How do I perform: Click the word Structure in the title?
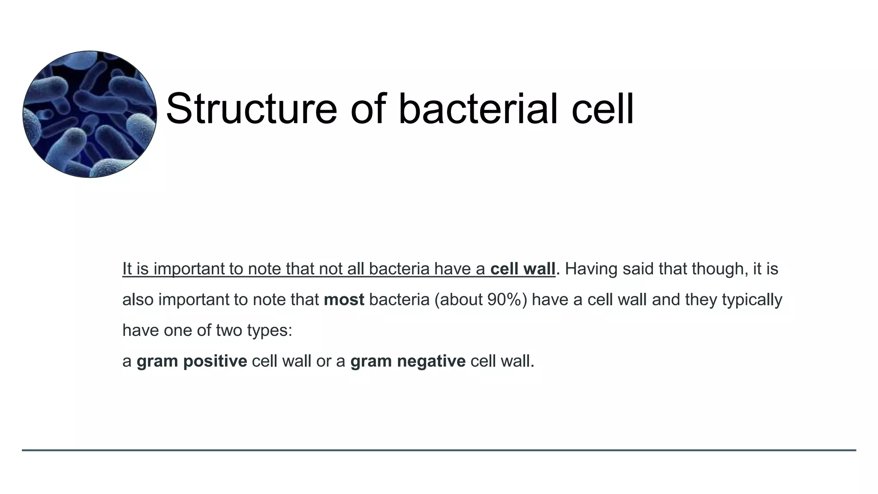click(x=251, y=109)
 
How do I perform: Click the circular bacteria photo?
click(x=90, y=114)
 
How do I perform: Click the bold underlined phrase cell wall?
click(x=523, y=269)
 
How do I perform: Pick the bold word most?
click(x=344, y=299)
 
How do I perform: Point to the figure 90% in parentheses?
click(x=502, y=299)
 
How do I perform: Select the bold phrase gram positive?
click(x=192, y=361)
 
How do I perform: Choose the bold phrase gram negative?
click(x=408, y=361)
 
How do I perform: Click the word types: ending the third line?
click(x=271, y=330)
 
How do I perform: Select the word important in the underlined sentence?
click(x=189, y=269)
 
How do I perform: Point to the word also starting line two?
click(x=138, y=299)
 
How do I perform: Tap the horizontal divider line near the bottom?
click(x=439, y=450)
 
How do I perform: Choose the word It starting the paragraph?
click(x=126, y=269)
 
